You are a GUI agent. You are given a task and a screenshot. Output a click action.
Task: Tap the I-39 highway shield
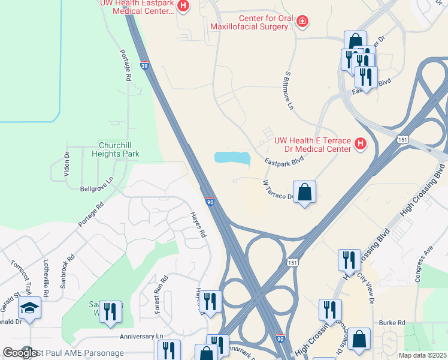tap(145, 65)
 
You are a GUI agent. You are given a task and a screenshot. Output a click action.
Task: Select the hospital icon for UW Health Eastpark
tap(184, 7)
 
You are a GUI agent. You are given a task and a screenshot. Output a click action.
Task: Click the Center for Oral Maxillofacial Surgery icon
tap(303, 22)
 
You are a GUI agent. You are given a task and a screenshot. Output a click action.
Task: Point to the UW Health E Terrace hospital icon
tap(360, 143)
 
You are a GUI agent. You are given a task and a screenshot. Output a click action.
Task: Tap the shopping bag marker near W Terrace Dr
tap(305, 193)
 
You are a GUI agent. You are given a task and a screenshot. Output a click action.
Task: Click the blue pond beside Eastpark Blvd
tap(232, 158)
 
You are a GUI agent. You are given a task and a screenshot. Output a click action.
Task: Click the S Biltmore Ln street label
tap(289, 90)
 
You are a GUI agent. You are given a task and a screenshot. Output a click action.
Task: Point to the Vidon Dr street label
tap(67, 161)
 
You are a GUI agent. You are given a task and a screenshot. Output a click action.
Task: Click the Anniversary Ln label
tap(141, 337)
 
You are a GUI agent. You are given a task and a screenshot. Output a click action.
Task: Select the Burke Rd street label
tap(392, 323)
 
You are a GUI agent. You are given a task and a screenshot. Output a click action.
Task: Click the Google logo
tap(20, 352)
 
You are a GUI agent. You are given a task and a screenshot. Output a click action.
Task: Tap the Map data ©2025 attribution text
tap(422, 355)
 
